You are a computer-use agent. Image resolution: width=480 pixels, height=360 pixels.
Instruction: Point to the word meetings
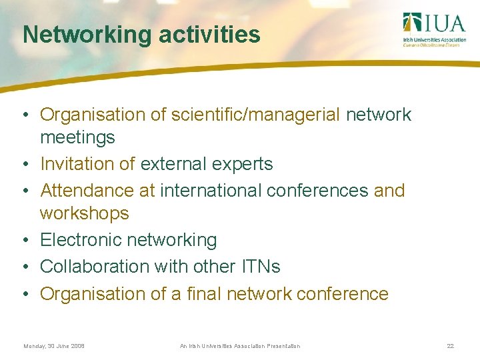coord(77,138)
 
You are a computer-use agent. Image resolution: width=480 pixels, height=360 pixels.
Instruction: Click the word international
coord(209,191)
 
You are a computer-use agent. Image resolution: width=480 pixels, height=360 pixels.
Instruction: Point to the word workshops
coord(85,213)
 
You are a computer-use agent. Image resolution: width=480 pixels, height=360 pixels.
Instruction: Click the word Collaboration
coord(95,267)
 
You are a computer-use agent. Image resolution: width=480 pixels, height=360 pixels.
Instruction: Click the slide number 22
coord(451,346)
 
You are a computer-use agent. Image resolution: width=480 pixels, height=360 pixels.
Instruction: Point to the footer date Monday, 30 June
coord(54,346)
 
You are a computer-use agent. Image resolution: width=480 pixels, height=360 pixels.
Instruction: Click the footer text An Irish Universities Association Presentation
coord(240,346)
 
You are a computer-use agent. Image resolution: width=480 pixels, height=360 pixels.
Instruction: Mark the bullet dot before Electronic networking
coord(24,241)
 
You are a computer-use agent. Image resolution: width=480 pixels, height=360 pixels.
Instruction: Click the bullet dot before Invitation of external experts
coord(24,165)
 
